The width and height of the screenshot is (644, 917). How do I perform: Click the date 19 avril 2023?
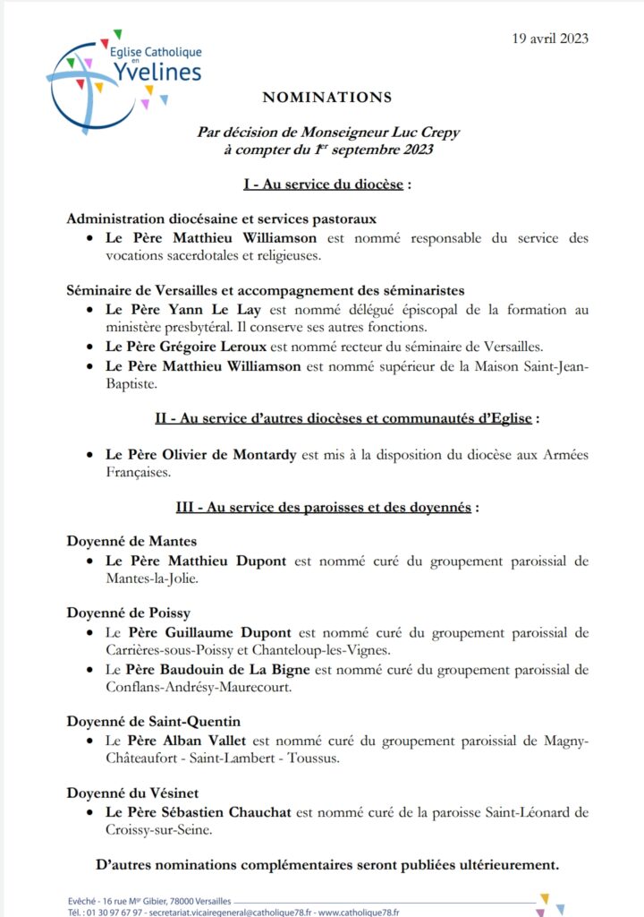550,38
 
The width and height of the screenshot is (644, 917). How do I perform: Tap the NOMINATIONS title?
326,97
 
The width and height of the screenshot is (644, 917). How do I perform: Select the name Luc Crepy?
425,133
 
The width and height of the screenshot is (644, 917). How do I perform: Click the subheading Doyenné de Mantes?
131,541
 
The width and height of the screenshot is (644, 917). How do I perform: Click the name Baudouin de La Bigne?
236,669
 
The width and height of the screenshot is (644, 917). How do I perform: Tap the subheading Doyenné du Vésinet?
133,793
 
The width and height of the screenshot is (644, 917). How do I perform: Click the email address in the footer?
232,912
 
